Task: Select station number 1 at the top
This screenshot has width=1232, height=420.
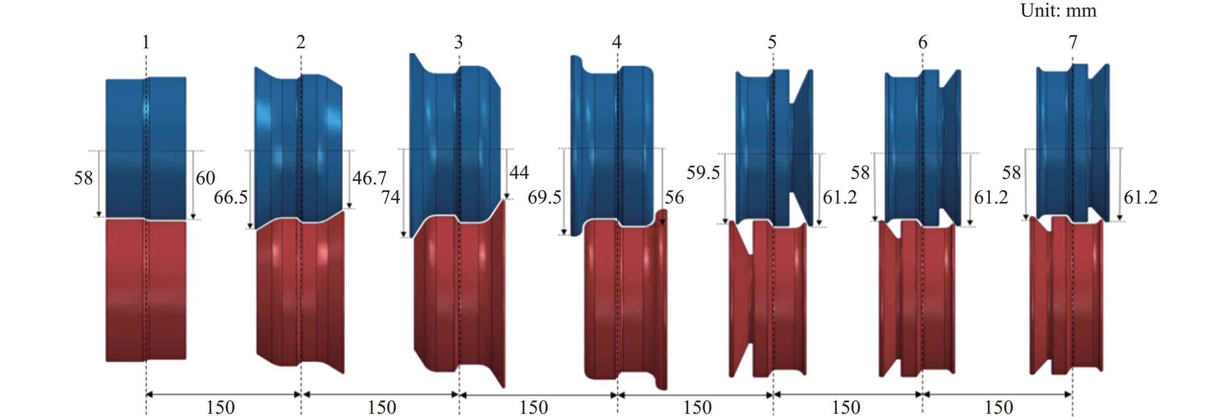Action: (146, 42)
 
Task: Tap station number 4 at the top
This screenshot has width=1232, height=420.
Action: (617, 42)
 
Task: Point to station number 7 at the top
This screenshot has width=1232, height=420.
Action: (1073, 42)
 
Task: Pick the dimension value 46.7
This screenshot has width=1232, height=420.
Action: (369, 178)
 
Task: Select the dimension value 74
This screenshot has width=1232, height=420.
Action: (390, 197)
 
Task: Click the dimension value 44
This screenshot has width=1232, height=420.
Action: (519, 172)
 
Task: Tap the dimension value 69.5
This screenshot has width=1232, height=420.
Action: (544, 197)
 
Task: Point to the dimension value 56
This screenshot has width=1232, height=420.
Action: (674, 197)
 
